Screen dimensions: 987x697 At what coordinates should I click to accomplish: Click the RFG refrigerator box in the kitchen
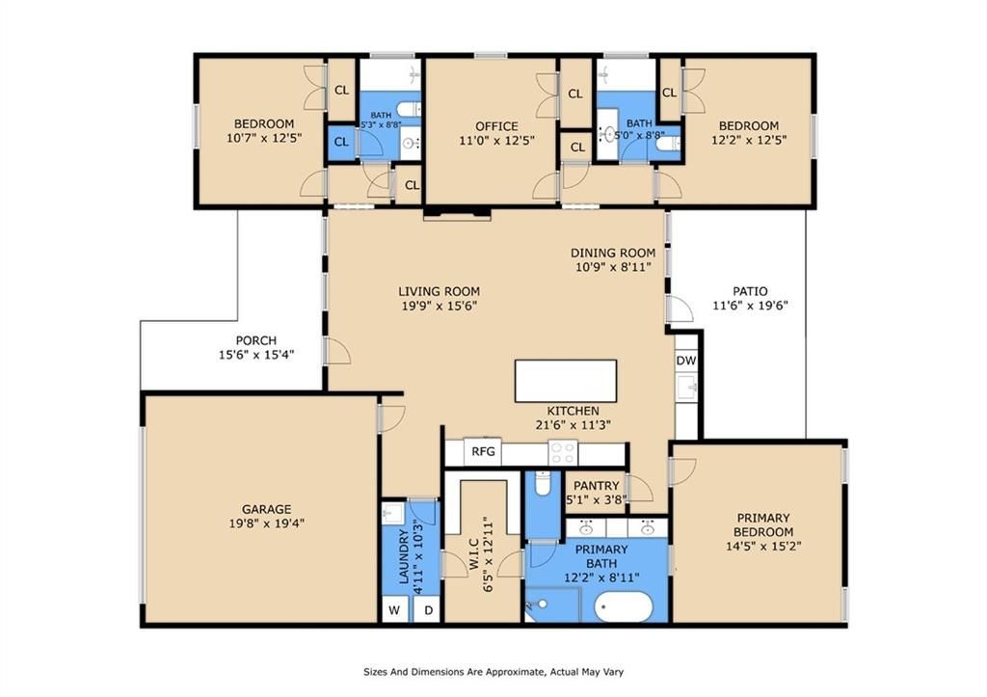tap(483, 451)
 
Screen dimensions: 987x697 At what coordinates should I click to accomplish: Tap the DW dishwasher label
tap(686, 361)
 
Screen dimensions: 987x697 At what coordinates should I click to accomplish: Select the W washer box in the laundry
tap(394, 610)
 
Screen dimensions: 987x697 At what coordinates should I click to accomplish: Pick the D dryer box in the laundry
tap(429, 610)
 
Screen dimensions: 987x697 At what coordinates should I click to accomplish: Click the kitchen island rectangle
tap(565, 380)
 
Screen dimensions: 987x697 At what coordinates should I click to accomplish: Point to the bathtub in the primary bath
tap(624, 607)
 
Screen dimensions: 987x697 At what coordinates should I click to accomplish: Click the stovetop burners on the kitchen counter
tap(563, 451)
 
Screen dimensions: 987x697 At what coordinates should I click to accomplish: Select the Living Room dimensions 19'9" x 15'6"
tap(440, 307)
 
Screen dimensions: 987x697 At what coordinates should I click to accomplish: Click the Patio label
tap(750, 291)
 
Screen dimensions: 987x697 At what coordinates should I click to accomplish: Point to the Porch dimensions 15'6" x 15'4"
tap(256, 355)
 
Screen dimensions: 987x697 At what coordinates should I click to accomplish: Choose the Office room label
tap(496, 126)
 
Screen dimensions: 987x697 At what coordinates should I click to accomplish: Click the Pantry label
tap(596, 486)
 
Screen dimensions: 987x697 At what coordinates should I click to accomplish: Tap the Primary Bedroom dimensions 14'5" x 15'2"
tap(763, 546)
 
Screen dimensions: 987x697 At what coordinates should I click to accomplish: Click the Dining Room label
tap(612, 254)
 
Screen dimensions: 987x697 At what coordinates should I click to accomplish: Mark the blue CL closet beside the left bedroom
tap(342, 143)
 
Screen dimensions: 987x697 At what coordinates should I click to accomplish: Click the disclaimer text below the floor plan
tap(493, 672)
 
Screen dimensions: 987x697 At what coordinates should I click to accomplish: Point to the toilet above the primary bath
tap(542, 483)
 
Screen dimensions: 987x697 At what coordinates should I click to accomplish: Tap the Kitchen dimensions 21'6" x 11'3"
tap(573, 425)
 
